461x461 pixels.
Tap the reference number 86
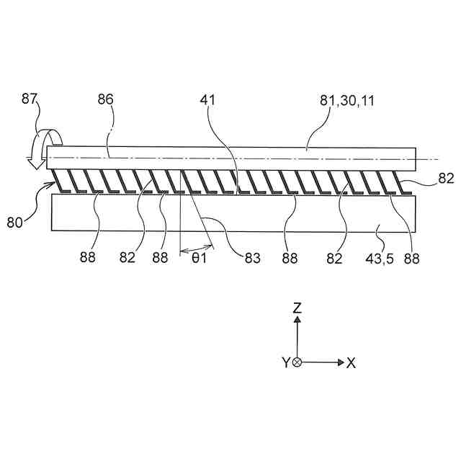point(106,101)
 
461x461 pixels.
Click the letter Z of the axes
point(297,308)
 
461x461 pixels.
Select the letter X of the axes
point(352,363)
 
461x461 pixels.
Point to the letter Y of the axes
point(286,363)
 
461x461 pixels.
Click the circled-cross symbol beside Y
point(297,362)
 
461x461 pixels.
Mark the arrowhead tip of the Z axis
point(297,318)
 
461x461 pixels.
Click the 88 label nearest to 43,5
point(412,257)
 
